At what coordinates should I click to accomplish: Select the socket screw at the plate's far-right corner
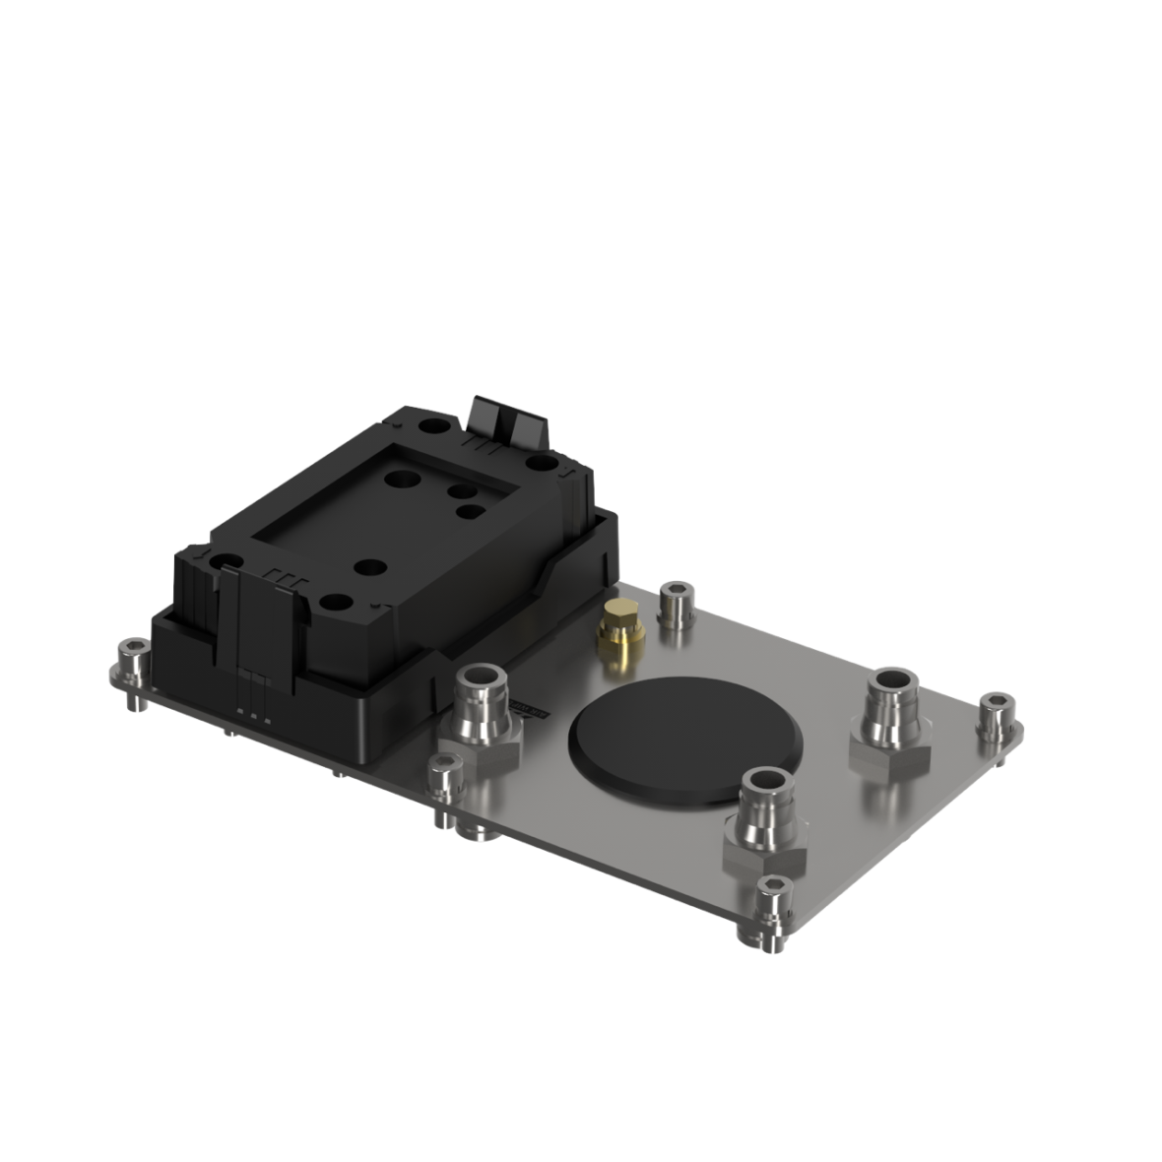click(996, 716)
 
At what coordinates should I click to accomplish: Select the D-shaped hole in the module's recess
click(471, 511)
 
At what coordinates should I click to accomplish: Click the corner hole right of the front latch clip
click(335, 602)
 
